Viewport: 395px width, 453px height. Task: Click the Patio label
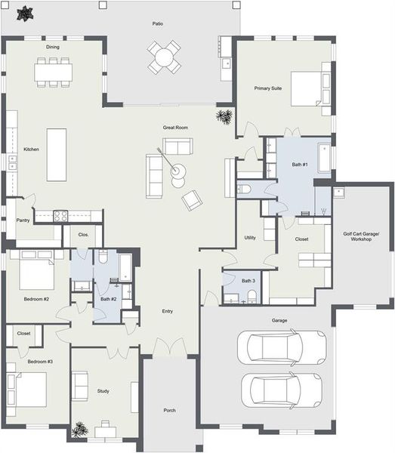[157, 23]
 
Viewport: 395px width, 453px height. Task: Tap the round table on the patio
[164, 57]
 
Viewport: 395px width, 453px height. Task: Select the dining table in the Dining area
[54, 71]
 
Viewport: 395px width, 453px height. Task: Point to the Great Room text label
[175, 128]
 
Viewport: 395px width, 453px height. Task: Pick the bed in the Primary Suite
[310, 88]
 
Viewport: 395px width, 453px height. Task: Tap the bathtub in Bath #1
[322, 157]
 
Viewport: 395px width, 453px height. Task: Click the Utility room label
[251, 238]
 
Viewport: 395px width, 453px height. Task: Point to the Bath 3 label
[248, 281]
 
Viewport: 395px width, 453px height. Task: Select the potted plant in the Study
[80, 430]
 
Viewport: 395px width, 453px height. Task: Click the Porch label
[169, 411]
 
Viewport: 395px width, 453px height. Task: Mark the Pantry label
[23, 220]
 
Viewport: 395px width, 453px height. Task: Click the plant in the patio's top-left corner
[26, 13]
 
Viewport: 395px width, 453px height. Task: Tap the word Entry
[168, 311]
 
